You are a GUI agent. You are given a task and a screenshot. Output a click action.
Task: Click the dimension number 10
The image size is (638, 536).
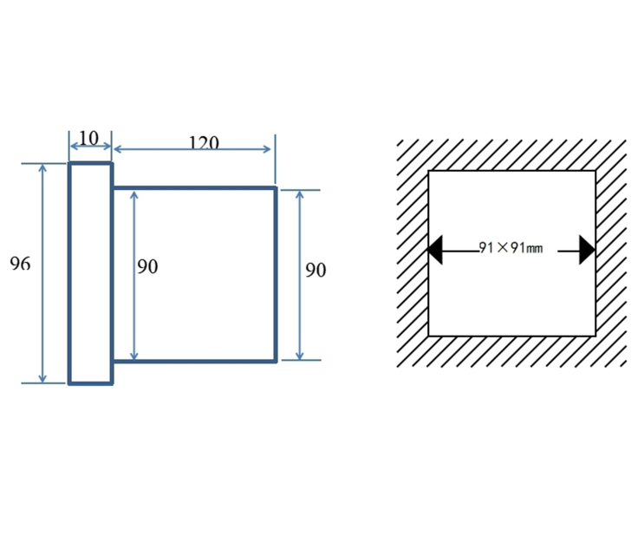(x=88, y=138)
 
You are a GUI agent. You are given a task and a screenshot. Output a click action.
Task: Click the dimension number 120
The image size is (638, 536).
(x=204, y=141)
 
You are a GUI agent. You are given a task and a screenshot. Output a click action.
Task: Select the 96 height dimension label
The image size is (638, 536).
(x=20, y=264)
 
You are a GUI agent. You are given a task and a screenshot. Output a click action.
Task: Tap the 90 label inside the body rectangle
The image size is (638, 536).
(x=147, y=266)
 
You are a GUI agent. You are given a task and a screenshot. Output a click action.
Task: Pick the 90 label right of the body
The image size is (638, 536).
(x=316, y=271)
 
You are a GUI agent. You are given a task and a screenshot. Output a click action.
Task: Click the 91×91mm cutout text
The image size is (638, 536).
(x=511, y=247)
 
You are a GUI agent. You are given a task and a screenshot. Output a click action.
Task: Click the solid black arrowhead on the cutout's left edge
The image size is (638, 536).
(x=435, y=250)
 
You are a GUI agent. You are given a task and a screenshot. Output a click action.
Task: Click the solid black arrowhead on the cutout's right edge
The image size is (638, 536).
(x=588, y=250)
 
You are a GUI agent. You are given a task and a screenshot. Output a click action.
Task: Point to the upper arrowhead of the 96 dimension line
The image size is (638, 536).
(x=42, y=167)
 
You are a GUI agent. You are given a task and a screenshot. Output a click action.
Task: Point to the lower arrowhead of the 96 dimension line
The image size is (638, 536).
(x=42, y=379)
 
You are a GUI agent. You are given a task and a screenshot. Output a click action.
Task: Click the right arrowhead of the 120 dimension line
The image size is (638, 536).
(x=267, y=149)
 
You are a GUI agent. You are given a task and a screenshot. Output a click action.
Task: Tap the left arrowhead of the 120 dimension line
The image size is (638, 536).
(x=118, y=149)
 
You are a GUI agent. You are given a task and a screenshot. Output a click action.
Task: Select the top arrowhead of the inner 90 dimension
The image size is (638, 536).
(x=133, y=195)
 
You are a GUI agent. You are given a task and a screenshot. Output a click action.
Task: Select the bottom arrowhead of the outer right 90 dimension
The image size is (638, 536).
(x=300, y=356)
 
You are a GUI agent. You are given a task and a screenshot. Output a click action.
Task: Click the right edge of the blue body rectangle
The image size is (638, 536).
(x=276, y=274)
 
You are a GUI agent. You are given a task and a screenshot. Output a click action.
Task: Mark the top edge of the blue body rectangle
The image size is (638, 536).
(x=194, y=188)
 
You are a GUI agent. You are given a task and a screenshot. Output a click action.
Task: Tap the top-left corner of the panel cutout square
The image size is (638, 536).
(x=429, y=172)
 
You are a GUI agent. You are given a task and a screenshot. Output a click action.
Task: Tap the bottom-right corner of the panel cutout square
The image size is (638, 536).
(x=596, y=336)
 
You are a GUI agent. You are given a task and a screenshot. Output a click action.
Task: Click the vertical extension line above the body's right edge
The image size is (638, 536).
(x=275, y=159)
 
